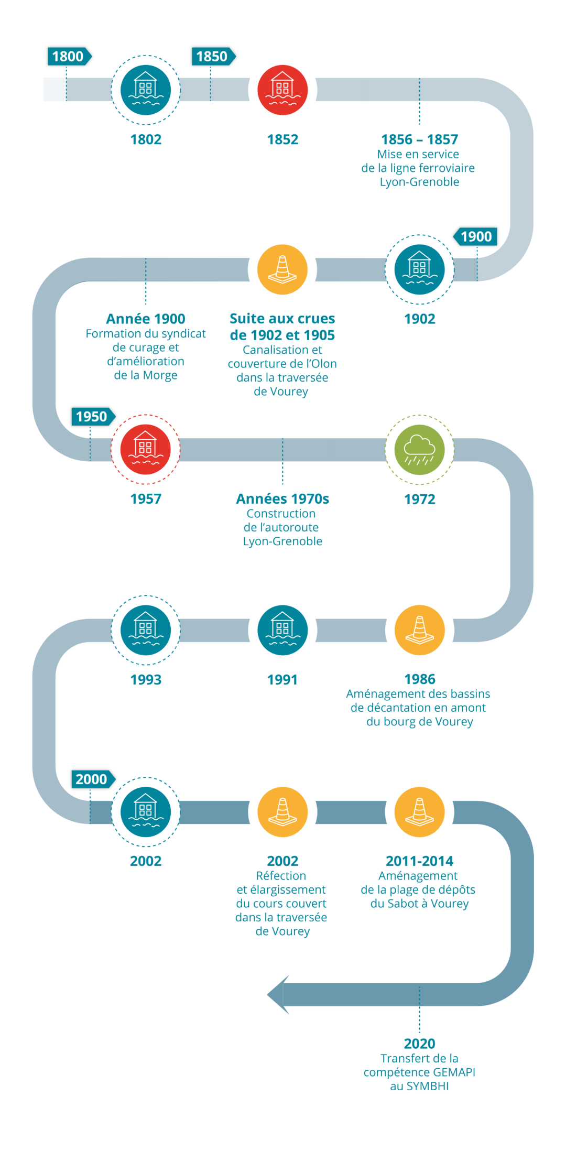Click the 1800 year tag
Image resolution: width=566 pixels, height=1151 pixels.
[x=68, y=56]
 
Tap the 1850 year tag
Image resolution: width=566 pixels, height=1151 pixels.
[x=212, y=56]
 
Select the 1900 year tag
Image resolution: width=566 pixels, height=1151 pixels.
[x=476, y=236]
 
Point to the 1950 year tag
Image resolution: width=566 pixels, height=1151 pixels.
[x=92, y=417]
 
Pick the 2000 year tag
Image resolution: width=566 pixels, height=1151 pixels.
[x=92, y=779]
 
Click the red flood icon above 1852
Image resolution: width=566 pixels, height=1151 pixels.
[x=282, y=90]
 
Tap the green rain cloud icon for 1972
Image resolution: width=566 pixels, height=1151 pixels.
[x=419, y=450]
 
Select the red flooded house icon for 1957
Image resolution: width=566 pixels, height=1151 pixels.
[x=146, y=449]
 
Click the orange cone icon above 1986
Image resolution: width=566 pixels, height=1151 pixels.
[x=419, y=629]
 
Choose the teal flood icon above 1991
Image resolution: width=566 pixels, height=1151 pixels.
[x=282, y=629]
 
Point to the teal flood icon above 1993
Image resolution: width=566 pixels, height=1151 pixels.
[x=146, y=629]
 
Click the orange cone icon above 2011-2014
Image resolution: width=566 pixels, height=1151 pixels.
[x=419, y=812]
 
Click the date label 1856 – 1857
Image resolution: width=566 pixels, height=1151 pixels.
[x=419, y=139]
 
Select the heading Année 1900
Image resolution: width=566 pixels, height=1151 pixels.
[x=146, y=319]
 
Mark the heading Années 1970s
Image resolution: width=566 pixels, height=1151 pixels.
[x=282, y=498]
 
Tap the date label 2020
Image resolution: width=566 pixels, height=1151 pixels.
[x=419, y=1044]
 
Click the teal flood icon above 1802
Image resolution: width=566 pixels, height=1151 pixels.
[x=146, y=90]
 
